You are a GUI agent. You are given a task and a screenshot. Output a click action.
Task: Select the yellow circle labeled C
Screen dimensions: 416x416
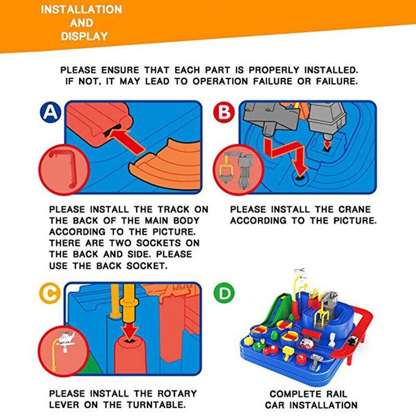pos(50,294)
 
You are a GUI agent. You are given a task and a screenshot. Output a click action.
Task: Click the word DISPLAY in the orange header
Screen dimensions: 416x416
pos(84,36)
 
